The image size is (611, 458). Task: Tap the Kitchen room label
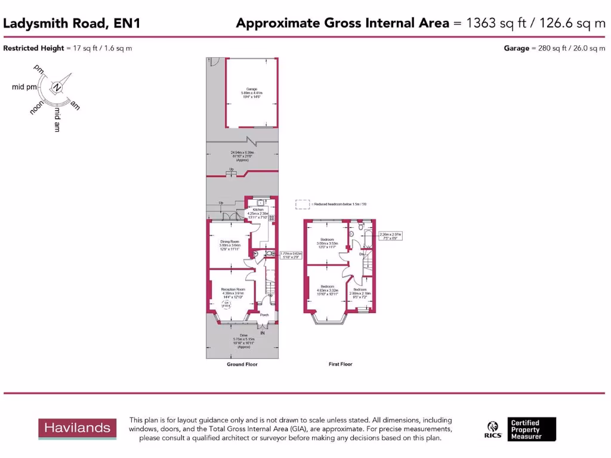(x=258, y=210)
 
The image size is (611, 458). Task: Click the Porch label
(x=264, y=315)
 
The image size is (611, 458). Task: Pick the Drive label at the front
(x=242, y=335)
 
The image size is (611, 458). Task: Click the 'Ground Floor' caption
(x=242, y=364)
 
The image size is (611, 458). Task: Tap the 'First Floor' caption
(x=341, y=364)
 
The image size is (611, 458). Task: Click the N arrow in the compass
(x=57, y=87)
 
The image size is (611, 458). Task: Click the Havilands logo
(x=75, y=428)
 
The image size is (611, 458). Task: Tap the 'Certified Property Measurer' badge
(x=532, y=429)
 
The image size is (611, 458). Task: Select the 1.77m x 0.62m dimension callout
(x=289, y=255)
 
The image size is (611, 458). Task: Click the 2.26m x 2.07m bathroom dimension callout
(x=391, y=236)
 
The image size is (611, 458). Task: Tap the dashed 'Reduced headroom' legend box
(x=303, y=204)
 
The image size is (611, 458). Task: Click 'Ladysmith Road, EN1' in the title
(x=72, y=23)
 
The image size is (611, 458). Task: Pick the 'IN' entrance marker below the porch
(x=262, y=332)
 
